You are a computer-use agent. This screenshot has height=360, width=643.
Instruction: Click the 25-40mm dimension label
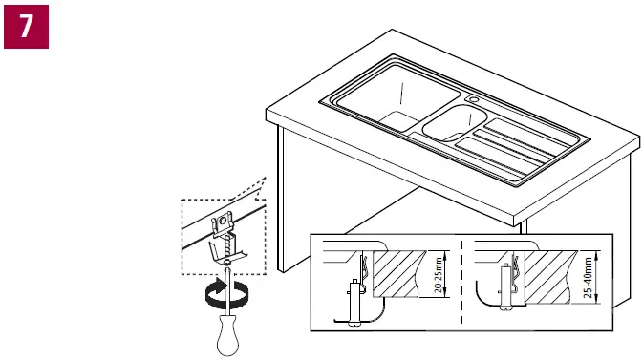(x=586, y=277)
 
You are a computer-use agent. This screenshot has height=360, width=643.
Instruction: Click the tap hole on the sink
(x=472, y=98)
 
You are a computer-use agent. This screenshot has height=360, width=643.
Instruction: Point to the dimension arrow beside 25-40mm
(x=595, y=277)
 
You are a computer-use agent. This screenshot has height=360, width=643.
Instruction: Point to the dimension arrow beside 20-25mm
(x=447, y=278)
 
